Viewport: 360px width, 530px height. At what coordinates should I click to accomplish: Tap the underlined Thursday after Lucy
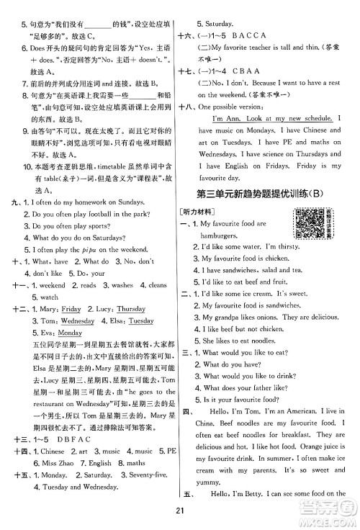click(131, 309)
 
